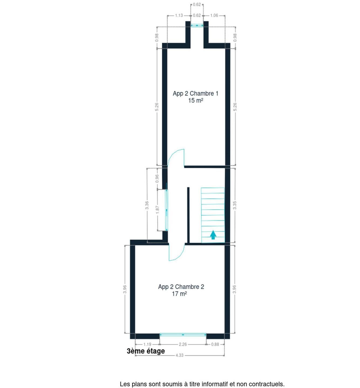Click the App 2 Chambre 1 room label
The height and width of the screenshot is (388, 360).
(x=195, y=93)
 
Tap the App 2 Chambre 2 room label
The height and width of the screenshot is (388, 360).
(x=181, y=287)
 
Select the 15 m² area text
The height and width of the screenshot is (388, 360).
(x=195, y=101)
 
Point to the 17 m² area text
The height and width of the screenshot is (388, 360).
(x=179, y=294)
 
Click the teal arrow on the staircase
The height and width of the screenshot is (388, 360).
(x=213, y=235)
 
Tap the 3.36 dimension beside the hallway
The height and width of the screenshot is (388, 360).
(x=147, y=205)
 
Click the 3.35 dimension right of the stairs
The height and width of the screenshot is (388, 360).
(x=235, y=205)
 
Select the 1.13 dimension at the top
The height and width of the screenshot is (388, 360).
(x=179, y=16)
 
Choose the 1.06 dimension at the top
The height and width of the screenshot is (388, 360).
(x=214, y=16)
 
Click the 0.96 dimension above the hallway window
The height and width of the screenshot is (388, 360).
(x=157, y=179)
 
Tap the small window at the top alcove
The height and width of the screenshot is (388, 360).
(x=197, y=25)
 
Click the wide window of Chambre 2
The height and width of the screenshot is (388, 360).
(x=183, y=335)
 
